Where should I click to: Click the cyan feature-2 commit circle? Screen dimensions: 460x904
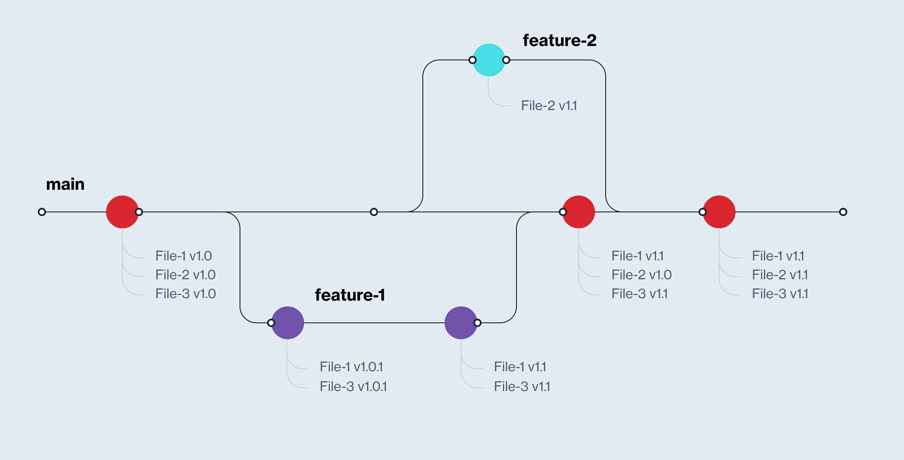pos(489,60)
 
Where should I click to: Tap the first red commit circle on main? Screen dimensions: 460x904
pos(122,212)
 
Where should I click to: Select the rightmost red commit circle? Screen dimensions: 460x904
pos(719,212)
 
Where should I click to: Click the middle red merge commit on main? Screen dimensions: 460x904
pos(579,212)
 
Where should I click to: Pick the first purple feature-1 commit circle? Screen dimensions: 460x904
pos(288,323)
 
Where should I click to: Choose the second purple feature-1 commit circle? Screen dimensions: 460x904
pos(461,323)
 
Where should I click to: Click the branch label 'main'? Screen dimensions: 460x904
pos(65,184)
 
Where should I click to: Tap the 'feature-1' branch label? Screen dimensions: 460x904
pos(350,295)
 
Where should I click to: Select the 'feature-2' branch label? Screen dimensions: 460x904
pos(559,40)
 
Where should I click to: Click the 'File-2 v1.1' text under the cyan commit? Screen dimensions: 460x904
pos(549,106)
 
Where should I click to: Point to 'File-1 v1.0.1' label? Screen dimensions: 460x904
pos(351,367)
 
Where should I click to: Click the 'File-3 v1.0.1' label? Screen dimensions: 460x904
pos(353,386)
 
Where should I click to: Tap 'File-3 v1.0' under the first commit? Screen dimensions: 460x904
pos(185,294)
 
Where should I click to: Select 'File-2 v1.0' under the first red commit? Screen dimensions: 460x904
pos(185,275)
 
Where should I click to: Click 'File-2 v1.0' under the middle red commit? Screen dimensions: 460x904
pos(641,275)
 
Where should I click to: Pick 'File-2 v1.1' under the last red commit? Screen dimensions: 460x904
pos(780,275)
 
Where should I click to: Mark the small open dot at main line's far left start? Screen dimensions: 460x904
pos(42,212)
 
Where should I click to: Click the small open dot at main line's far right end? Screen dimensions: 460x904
pos(843,212)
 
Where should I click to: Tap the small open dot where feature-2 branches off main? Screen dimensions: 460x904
pos(374,212)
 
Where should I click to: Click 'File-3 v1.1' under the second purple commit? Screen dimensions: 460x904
pos(522,386)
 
